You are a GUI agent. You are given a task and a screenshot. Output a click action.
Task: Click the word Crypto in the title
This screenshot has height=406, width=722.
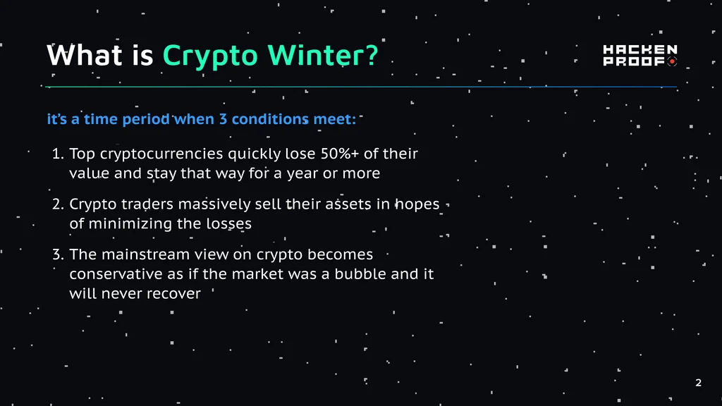tap(210, 56)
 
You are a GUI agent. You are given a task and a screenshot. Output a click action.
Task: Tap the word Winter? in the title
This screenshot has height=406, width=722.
tap(323, 55)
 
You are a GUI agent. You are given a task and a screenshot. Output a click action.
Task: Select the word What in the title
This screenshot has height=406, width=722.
tap(85, 55)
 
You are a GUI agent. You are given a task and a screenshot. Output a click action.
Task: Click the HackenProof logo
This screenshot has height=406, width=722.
tap(640, 55)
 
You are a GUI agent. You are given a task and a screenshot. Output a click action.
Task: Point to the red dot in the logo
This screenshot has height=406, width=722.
tap(672, 61)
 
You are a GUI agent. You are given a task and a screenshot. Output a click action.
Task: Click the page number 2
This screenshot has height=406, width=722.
tap(698, 383)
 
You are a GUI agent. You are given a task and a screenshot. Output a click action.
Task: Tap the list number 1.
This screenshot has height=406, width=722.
tap(57, 153)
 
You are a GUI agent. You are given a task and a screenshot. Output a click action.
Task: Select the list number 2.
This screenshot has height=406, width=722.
tap(58, 204)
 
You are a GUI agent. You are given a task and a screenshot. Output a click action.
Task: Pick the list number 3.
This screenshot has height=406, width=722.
tap(58, 254)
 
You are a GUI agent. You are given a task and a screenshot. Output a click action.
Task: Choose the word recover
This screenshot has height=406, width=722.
tap(176, 294)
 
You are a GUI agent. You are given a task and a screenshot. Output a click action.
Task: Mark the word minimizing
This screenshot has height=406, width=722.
tap(130, 224)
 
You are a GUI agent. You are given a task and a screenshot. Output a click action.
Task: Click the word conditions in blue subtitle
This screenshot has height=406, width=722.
tap(270, 118)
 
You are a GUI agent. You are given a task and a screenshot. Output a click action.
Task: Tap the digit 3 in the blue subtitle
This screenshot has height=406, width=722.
tap(223, 118)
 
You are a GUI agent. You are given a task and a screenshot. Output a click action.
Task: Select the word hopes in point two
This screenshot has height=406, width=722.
tap(417, 204)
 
